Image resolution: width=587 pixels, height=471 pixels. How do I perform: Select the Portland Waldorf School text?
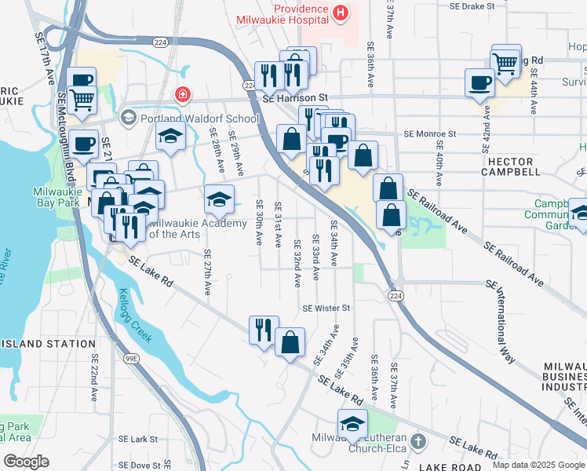click(199, 119)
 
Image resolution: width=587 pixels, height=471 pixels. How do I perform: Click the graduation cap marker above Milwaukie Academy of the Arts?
click(220, 199)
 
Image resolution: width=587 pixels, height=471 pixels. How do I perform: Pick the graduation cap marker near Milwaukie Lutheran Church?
click(352, 423)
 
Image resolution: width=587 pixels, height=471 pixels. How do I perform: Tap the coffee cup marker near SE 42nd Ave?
click(479, 82)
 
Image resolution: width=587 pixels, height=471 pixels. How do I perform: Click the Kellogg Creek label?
click(131, 315)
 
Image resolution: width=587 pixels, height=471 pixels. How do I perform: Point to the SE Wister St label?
click(325, 308)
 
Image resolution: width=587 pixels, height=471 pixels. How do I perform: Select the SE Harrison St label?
click(294, 98)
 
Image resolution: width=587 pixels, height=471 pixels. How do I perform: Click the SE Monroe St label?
click(429, 134)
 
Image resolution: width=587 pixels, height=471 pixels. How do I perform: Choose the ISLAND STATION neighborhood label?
click(49, 344)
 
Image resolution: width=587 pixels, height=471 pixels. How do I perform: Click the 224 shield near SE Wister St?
click(395, 294)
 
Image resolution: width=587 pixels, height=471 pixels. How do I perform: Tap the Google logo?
click(27, 462)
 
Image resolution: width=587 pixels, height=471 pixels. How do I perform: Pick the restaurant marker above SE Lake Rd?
click(263, 329)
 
